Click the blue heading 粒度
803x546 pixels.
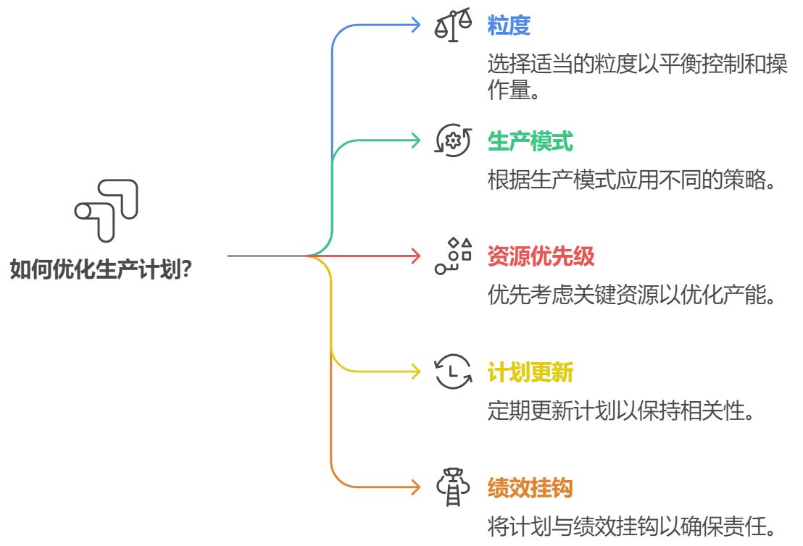[x=509, y=25]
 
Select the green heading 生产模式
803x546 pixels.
[x=530, y=140]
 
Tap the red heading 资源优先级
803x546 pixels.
[x=541, y=256]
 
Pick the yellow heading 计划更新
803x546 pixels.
[x=530, y=371]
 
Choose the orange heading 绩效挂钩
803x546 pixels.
[x=530, y=487]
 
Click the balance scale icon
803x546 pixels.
[x=453, y=25]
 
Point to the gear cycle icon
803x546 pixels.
[x=453, y=140]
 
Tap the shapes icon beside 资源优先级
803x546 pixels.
[x=453, y=256]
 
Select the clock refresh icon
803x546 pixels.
[x=453, y=371]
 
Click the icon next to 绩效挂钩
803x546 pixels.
[x=453, y=487]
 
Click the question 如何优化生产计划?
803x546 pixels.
[x=101, y=269]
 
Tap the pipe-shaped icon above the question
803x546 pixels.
[x=107, y=210]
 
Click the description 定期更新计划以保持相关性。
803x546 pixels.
[x=620, y=411]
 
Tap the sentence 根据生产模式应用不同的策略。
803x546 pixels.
[x=631, y=180]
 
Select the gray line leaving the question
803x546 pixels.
[x=267, y=256]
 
